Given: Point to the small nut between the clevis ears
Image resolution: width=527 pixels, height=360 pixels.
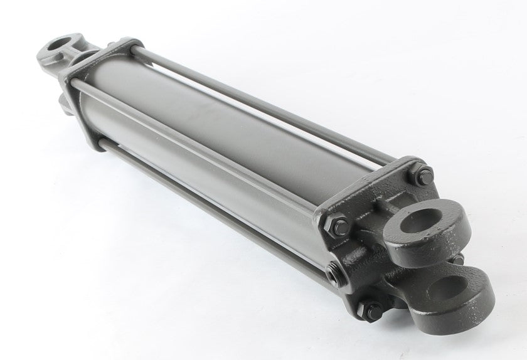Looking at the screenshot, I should click(x=459, y=258).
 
